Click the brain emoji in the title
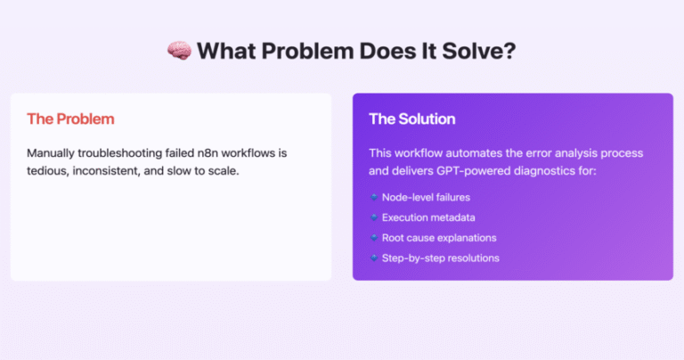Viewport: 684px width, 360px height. coord(179,51)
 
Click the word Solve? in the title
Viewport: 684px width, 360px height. coord(479,51)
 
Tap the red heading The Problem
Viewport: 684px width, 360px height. coord(70,119)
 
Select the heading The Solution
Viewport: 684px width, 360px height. coord(411,119)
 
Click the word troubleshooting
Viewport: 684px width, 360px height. coord(120,153)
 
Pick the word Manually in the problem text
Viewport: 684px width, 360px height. coord(51,153)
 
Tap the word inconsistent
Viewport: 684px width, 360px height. coord(107,170)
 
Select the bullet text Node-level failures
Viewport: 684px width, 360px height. coord(426,197)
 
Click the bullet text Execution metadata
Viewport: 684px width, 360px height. coord(428,217)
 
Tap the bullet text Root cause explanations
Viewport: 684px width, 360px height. coord(439,238)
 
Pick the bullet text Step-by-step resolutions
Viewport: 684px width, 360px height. coord(441,258)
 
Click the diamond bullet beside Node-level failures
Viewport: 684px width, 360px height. coord(374,197)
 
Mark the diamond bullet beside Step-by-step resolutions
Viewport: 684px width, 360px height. coord(374,258)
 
